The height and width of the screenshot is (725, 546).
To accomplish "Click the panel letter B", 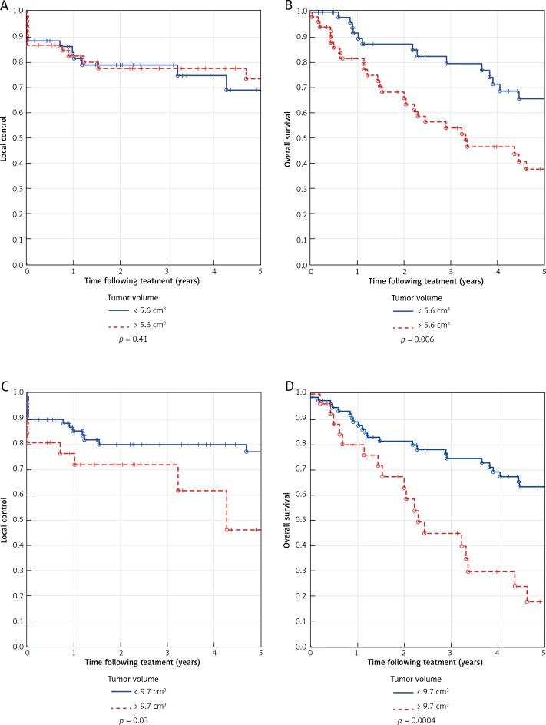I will pyautogui.click(x=289, y=5).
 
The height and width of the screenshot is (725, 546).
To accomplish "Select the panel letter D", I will pyautogui.click(x=289, y=389).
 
